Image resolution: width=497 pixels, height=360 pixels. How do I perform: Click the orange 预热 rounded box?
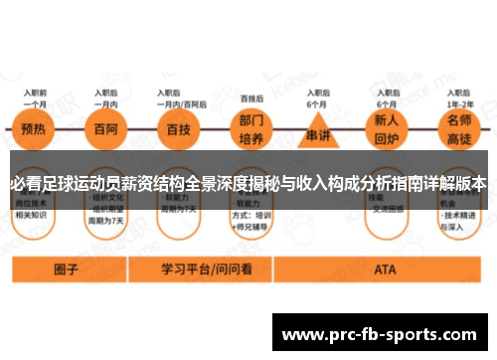pos(35,130)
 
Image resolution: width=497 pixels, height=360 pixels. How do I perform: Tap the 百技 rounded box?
pos(179,130)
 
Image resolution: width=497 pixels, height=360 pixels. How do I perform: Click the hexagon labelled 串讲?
pos(317,132)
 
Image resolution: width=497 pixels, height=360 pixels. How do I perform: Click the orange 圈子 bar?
pos(67,269)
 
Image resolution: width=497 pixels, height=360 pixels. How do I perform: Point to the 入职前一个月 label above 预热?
pos(35,97)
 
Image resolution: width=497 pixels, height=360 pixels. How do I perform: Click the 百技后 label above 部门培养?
pos(251,98)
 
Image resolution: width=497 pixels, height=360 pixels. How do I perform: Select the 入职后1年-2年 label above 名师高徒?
pos(459,97)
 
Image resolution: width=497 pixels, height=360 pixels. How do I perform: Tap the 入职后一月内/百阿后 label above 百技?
pos(180,97)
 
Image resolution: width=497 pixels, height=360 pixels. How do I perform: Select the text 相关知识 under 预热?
pos(34,213)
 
